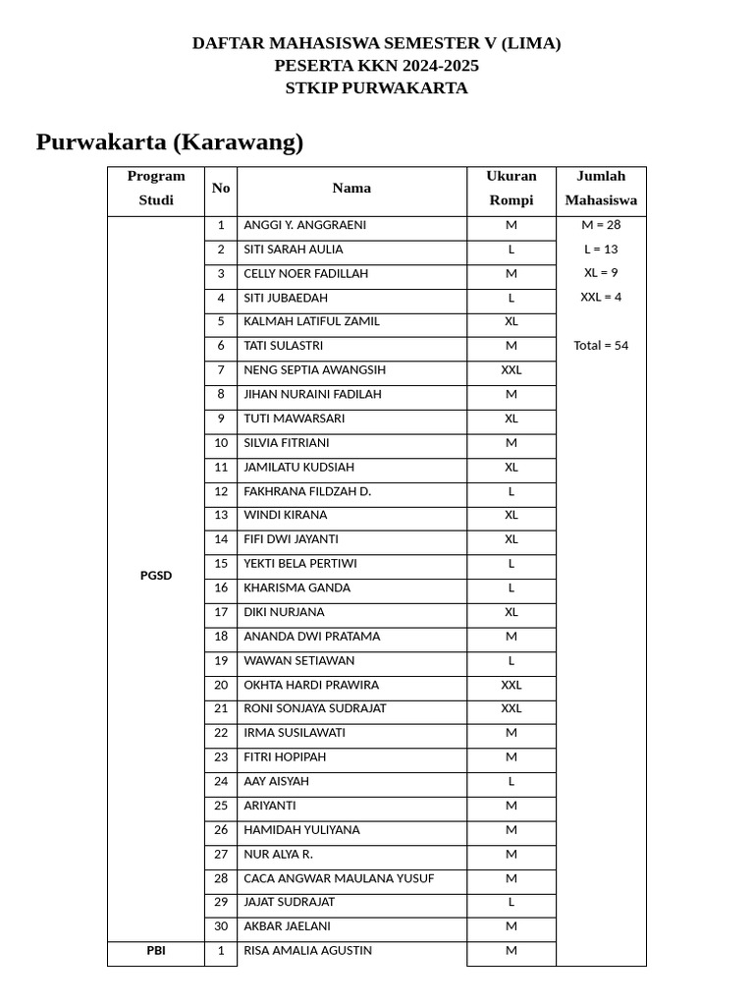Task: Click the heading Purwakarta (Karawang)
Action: [170, 142]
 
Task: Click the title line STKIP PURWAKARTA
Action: [376, 88]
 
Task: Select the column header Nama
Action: [351, 189]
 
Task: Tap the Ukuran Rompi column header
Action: [511, 189]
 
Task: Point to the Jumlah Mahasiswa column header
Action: [601, 189]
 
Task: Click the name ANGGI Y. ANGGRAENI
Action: [304, 225]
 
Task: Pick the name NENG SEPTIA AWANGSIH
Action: [314, 370]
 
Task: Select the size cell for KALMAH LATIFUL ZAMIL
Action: [511, 321]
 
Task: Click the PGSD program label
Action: [156, 576]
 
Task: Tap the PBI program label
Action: [156, 951]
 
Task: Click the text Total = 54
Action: [601, 346]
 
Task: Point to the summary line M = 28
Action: [601, 225]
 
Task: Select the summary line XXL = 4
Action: [601, 297]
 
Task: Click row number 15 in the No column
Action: [221, 564]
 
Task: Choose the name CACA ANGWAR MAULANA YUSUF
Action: [339, 878]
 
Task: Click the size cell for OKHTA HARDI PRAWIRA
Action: [511, 685]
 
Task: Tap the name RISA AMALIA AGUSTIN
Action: [307, 951]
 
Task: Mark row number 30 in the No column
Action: [221, 926]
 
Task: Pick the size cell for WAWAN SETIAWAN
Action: [511, 661]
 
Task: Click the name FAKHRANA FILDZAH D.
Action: [307, 491]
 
